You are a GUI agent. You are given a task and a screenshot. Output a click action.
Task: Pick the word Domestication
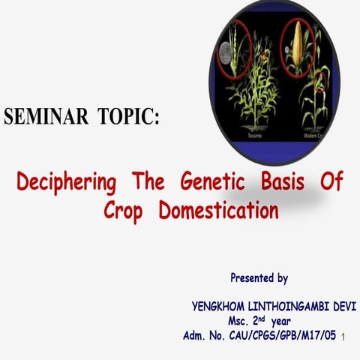pyautogui.click(x=218, y=210)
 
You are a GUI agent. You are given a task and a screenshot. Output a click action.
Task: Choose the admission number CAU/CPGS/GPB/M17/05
pyautogui.click(x=284, y=334)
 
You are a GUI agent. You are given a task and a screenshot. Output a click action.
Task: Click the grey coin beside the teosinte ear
pyautogui.click(x=224, y=52)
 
